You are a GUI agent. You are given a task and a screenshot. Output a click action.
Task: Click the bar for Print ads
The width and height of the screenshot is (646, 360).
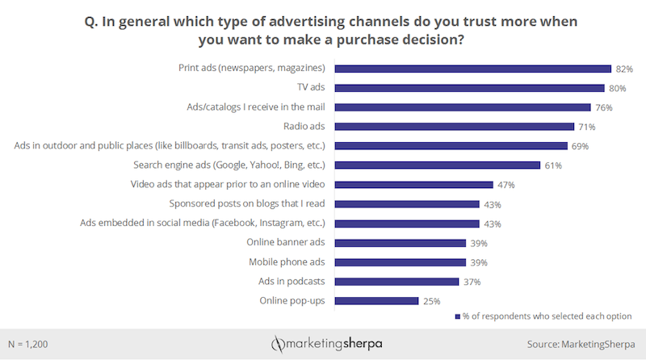point(472,69)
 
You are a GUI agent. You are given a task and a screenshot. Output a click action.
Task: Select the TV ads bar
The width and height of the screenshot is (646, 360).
point(469,88)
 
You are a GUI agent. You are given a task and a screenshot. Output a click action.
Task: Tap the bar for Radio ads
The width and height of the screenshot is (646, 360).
point(454,127)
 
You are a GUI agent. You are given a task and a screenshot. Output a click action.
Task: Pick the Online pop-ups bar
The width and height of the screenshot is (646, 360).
point(376,300)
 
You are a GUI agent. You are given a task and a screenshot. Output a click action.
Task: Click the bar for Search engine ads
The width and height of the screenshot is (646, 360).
point(437,165)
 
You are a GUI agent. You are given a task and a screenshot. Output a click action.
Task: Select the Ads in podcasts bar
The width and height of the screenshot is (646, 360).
point(396,281)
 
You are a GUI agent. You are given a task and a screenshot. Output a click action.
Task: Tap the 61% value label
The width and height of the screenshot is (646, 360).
point(553,165)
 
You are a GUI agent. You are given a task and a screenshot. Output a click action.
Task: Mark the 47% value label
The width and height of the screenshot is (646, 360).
point(506,185)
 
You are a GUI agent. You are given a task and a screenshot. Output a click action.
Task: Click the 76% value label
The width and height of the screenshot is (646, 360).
point(604,107)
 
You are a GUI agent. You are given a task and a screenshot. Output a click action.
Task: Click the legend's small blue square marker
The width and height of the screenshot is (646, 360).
point(457,316)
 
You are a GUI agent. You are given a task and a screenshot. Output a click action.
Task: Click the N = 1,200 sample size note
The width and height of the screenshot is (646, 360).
point(29,343)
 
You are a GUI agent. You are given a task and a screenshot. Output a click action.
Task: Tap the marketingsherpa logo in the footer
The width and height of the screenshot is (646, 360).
point(327,343)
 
